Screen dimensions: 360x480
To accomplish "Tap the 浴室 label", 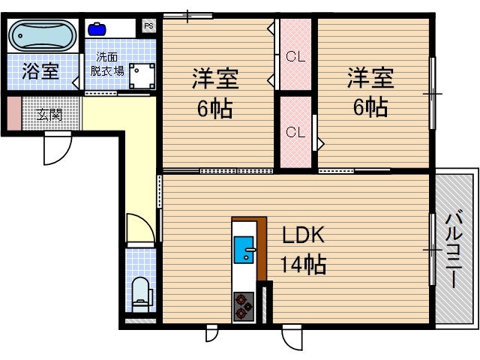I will [40, 72].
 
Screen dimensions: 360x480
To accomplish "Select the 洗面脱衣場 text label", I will [106, 64].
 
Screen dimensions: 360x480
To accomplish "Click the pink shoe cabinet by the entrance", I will [14, 113].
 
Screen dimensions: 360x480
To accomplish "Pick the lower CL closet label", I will [295, 132].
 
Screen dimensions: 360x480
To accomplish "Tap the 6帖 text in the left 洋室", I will [214, 109].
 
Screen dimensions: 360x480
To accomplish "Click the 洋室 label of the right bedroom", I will [370, 78].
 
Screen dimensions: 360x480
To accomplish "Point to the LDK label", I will [302, 235].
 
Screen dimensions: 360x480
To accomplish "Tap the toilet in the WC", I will [141, 292].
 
